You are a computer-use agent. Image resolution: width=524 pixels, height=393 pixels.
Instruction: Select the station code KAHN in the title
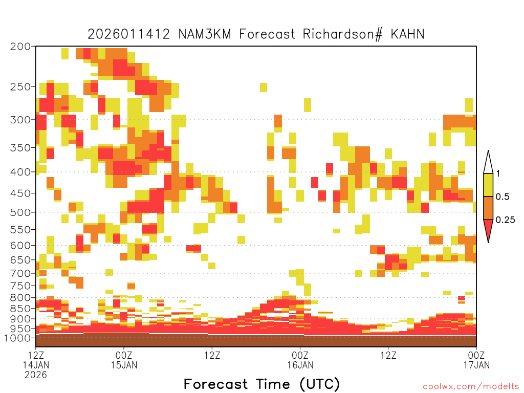coord(407,34)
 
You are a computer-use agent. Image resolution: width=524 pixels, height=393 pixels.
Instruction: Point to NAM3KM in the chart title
coord(205,34)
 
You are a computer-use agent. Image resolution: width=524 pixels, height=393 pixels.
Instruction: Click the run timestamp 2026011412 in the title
coord(128,34)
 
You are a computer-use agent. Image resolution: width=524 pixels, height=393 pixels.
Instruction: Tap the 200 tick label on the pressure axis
coord(20,47)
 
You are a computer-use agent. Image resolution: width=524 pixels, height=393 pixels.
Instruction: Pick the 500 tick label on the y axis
coord(20,212)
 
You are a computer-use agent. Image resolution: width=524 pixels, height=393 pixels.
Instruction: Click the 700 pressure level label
coord(20,273)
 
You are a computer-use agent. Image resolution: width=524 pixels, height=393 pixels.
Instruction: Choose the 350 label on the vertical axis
coord(20,147)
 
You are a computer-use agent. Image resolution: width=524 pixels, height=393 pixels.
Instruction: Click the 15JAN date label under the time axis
coord(124,365)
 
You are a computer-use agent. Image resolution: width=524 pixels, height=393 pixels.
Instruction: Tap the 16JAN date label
coord(300,365)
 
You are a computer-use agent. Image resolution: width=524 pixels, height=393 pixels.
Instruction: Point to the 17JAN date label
coord(476,365)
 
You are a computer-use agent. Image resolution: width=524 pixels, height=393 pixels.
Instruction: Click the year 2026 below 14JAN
coord(36,375)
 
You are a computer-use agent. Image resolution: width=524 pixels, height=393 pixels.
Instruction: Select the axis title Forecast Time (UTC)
coord(261,384)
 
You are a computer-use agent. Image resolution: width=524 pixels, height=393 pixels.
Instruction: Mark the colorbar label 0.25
coord(505,220)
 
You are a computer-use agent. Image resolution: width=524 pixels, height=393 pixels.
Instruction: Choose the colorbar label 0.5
coord(503,196)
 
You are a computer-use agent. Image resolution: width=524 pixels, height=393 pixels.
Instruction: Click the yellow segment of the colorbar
coord(488,185)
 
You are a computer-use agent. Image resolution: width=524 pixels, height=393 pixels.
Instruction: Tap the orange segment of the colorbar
coord(488,208)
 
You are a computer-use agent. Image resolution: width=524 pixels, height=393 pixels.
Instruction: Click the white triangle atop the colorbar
coord(488,164)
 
